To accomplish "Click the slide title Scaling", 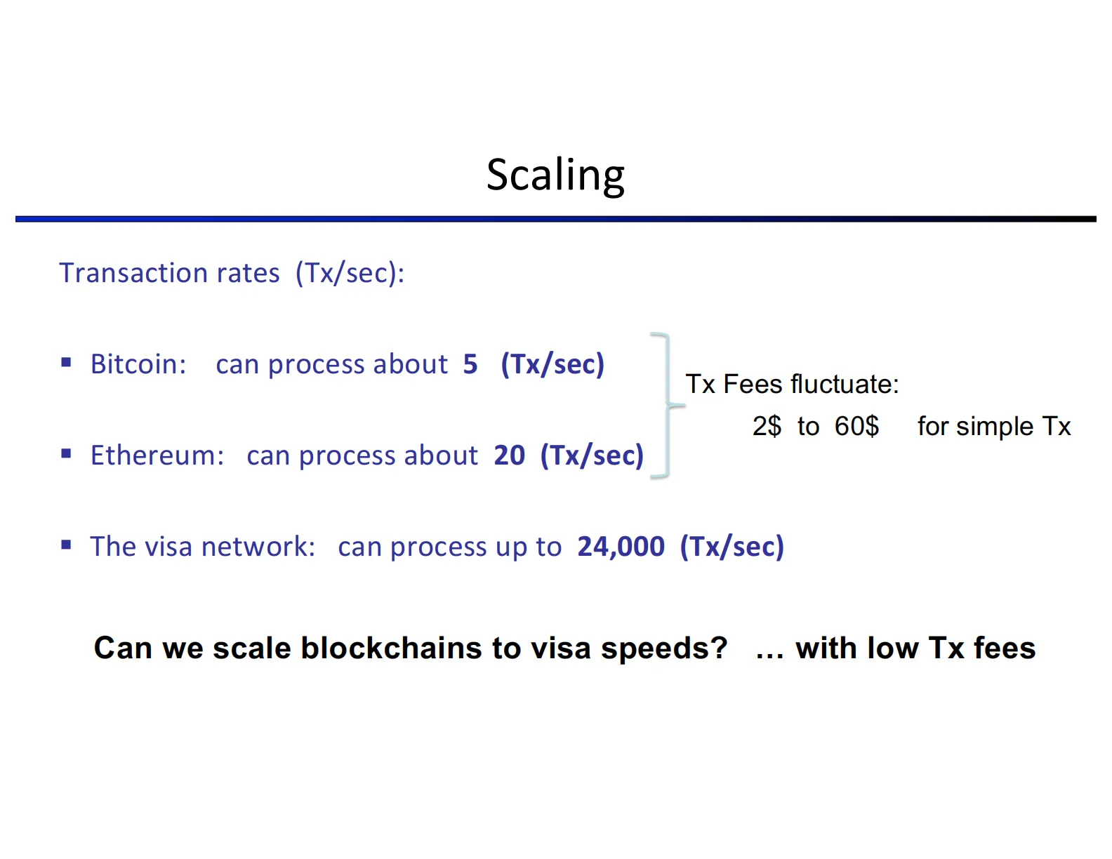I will (x=555, y=175).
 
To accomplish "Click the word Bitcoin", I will (x=137, y=364).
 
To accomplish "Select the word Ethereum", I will (x=156, y=455).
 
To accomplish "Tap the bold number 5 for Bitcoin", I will (x=470, y=364).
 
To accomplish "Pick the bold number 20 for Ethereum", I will (x=509, y=455).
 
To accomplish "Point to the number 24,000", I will (x=621, y=547).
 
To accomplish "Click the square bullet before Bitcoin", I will (x=67, y=363).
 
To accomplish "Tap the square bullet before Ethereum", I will (x=67, y=454).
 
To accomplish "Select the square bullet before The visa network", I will (x=67, y=545).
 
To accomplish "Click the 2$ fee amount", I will (x=767, y=427).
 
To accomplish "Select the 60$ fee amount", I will (x=856, y=427).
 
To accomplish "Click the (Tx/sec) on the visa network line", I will (x=732, y=547).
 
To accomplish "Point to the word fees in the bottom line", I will (x=1005, y=648).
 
